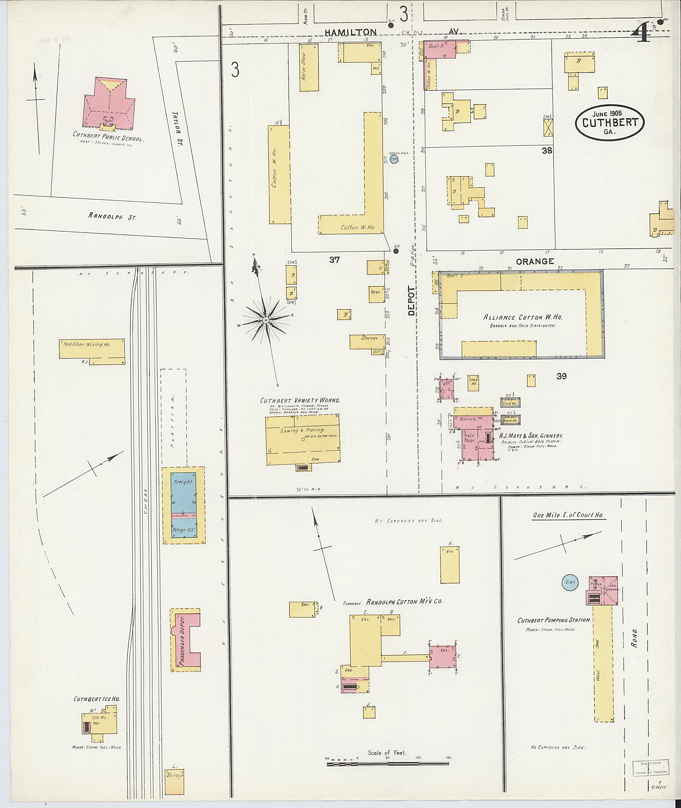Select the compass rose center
click(x=266, y=320)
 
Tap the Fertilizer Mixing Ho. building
click(x=92, y=348)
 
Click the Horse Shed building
click(x=309, y=68)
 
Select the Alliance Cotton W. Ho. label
click(x=522, y=317)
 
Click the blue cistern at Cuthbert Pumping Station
click(x=570, y=582)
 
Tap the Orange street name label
click(x=535, y=261)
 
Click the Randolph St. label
click(x=112, y=216)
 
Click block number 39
click(x=561, y=376)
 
